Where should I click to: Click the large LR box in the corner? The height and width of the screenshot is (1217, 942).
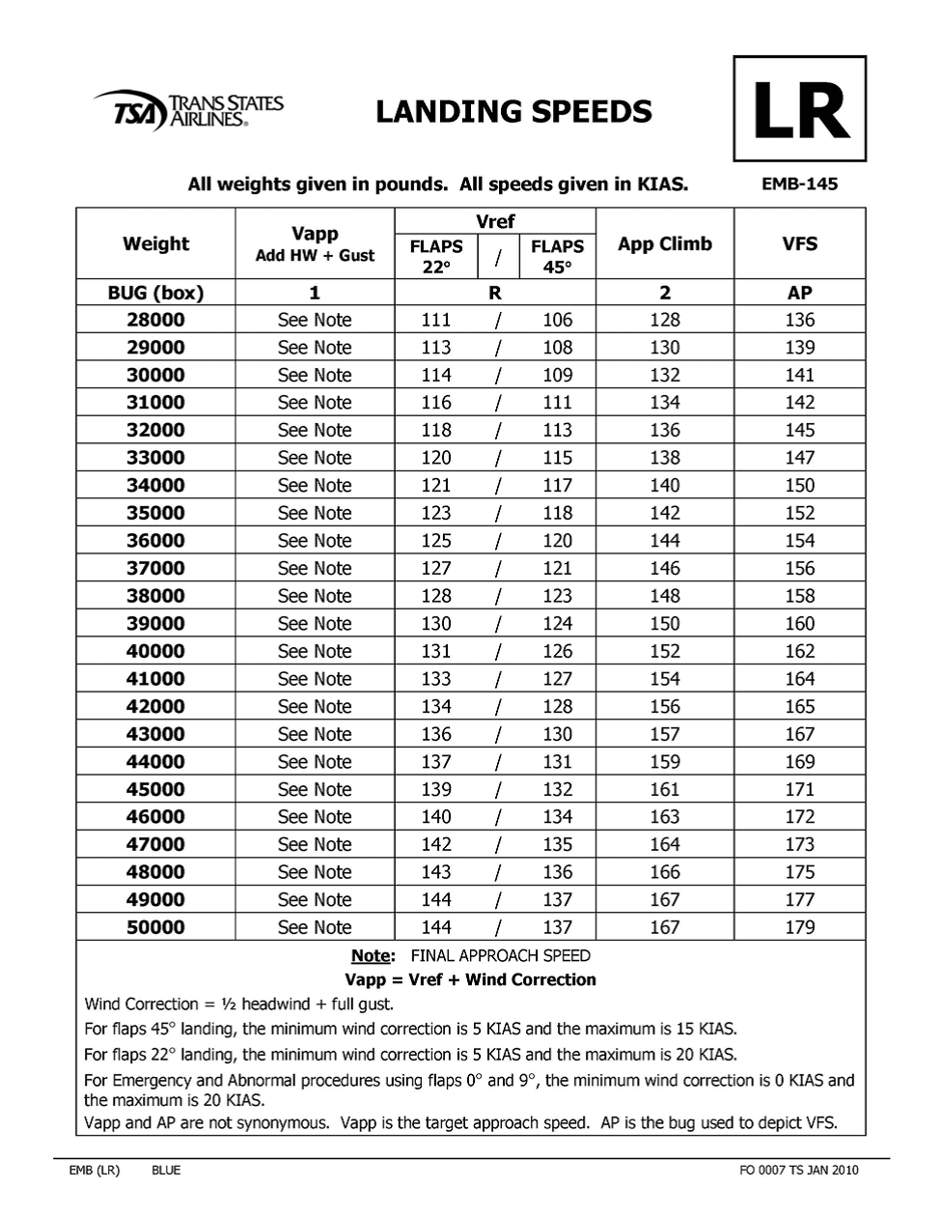[800, 109]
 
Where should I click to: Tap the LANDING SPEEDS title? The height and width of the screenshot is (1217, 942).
[513, 111]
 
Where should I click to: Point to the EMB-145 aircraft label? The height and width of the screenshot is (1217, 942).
[800, 184]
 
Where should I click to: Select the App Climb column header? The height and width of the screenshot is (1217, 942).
[665, 243]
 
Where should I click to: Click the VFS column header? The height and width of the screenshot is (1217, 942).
[800, 243]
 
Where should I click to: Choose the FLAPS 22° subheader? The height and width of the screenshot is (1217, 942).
[436, 257]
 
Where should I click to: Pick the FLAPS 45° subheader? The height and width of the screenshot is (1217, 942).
[557, 257]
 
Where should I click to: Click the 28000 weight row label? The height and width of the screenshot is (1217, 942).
[155, 320]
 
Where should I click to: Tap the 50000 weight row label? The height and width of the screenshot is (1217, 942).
[155, 927]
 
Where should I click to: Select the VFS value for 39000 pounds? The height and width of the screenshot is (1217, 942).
[800, 623]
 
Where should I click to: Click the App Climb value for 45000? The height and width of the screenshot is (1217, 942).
[665, 789]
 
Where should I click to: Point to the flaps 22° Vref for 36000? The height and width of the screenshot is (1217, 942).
[436, 540]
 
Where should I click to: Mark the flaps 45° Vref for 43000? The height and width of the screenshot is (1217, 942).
[557, 734]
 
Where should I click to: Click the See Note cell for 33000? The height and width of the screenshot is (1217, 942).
[315, 458]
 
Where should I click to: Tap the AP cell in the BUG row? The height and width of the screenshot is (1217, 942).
[800, 293]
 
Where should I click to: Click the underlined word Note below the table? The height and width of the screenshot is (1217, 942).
[372, 956]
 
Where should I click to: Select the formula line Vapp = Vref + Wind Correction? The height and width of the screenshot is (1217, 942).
[470, 979]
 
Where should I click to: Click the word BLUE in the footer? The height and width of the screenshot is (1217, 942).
[166, 1171]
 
